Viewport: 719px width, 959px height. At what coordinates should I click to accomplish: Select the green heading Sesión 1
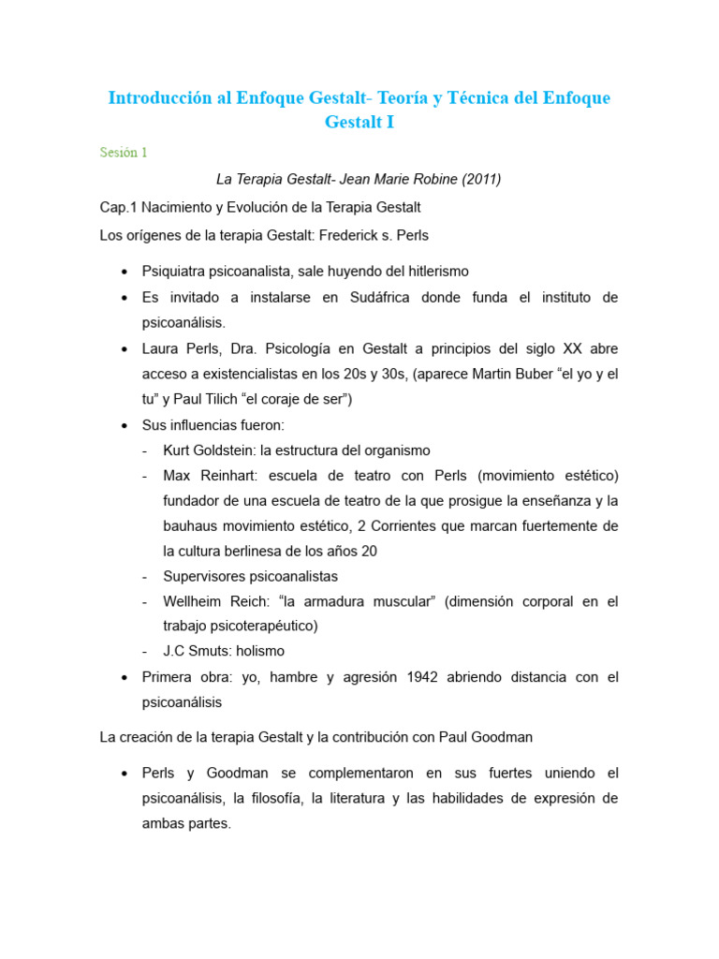coord(124,153)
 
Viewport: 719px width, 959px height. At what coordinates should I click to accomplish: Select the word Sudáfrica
coord(345,297)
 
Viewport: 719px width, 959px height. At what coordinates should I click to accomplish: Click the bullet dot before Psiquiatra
coord(125,272)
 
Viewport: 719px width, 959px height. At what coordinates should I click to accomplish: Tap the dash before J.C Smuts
coord(145,652)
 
